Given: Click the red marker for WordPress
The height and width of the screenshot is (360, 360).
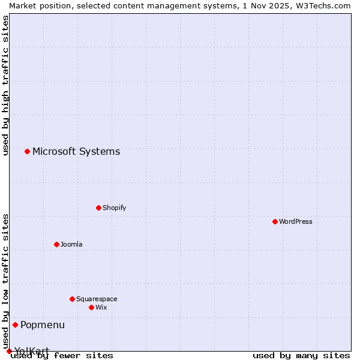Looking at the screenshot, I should click(275, 221).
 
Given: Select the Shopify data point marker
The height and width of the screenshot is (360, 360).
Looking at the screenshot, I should click(98, 208).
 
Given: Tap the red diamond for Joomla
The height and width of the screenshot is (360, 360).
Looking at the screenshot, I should click(56, 244).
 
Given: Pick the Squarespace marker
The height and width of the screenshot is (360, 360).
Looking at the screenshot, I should click(72, 299).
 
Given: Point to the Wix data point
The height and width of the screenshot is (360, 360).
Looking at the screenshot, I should click(91, 307).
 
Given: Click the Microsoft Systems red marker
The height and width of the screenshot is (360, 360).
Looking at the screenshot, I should click(27, 151).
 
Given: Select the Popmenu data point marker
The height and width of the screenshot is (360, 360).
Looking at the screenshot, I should click(15, 325).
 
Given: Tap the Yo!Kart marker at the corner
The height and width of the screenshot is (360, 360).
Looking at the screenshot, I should click(9, 351).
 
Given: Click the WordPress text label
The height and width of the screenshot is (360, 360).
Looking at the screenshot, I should click(296, 221).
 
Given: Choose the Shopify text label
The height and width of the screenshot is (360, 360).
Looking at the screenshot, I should click(114, 208).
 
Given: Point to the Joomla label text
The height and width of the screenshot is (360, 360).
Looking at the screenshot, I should click(71, 244).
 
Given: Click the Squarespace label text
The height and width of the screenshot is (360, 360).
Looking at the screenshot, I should click(97, 299).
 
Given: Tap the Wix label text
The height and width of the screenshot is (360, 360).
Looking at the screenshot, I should click(101, 307).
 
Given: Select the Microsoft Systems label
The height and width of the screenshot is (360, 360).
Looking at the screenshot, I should click(76, 151).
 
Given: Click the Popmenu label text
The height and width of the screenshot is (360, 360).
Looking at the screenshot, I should click(43, 325).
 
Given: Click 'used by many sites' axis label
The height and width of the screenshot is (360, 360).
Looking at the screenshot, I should click(301, 355).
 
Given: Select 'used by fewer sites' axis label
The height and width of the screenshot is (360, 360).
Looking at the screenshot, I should click(62, 355).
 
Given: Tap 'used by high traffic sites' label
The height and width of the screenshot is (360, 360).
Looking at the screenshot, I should click(5, 85).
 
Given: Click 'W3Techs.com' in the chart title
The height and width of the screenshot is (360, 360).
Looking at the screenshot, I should click(322, 5).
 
